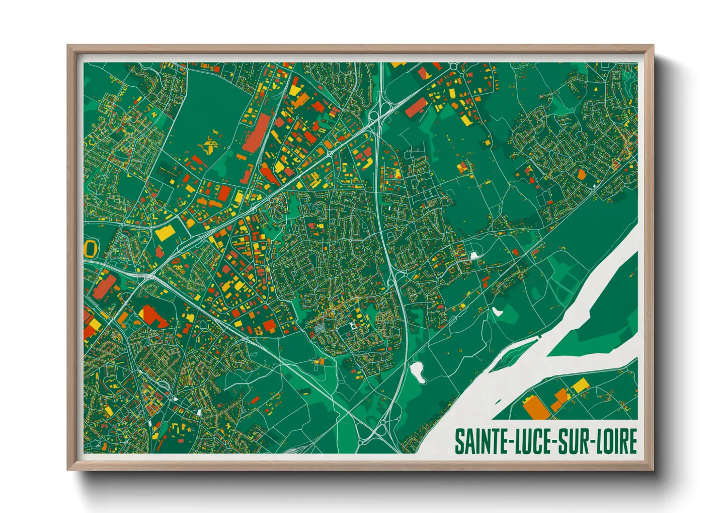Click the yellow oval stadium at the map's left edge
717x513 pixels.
pyautogui.click(x=90, y=249)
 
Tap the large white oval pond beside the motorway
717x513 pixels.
pyautogui.click(x=417, y=372)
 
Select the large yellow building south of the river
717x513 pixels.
pyautogui.click(x=580, y=386)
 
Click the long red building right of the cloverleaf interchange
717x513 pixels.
pyautogui.click(x=416, y=107)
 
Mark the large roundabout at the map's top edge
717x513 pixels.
pyautogui.click(x=453, y=66)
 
